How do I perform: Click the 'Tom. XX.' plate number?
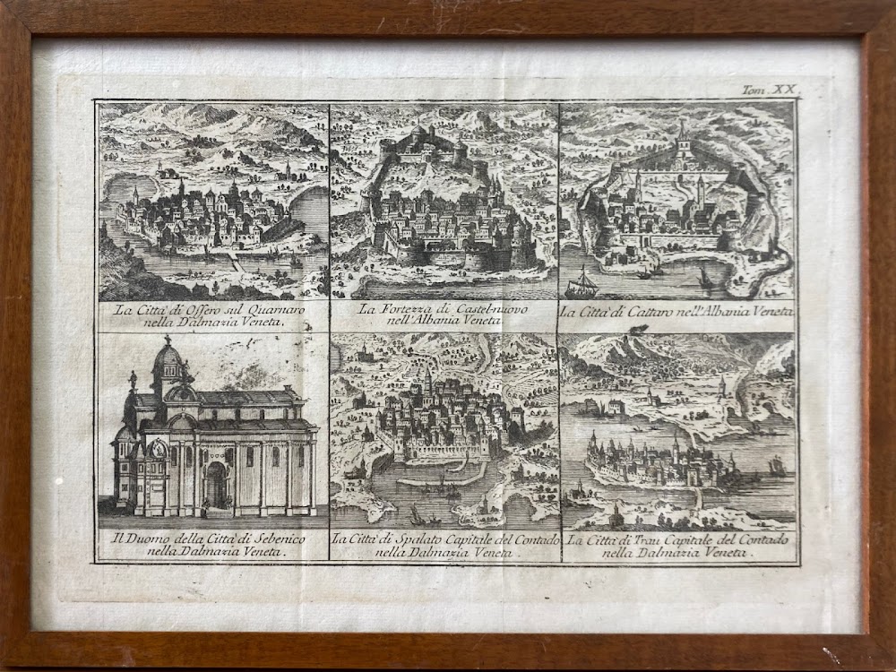pyautogui.click(x=769, y=90)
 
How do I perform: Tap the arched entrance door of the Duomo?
pyautogui.click(x=217, y=486)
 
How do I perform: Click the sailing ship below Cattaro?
pyautogui.click(x=582, y=285)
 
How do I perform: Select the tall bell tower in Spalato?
pyautogui.click(x=428, y=381)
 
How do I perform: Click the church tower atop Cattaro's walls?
pyautogui.click(x=684, y=141)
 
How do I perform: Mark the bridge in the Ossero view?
pyautogui.click(x=236, y=263)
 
